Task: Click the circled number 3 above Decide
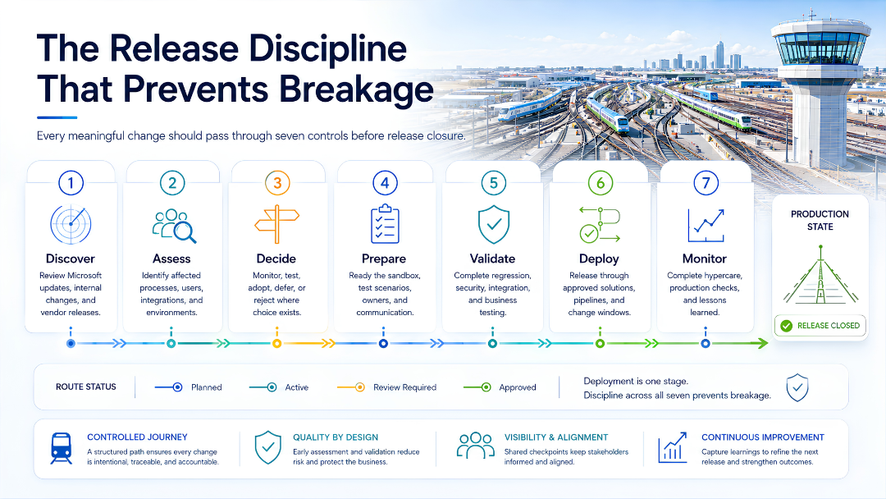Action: [277, 183]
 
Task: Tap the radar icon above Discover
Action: [71, 224]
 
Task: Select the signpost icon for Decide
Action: [277, 224]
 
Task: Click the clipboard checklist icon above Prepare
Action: [385, 224]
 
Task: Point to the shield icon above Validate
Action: [493, 224]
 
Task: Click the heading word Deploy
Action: [599, 259]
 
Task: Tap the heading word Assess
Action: [171, 259]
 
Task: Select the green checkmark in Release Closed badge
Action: [786, 326]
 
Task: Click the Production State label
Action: [820, 221]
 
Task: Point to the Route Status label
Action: [86, 387]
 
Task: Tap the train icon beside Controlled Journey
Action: [61, 449]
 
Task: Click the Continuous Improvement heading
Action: [763, 437]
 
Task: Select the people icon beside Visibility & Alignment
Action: [475, 446]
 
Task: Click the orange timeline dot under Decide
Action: [277, 344]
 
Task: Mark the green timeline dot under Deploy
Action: [600, 344]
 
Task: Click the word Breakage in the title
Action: [356, 89]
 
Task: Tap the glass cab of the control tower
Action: [820, 48]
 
